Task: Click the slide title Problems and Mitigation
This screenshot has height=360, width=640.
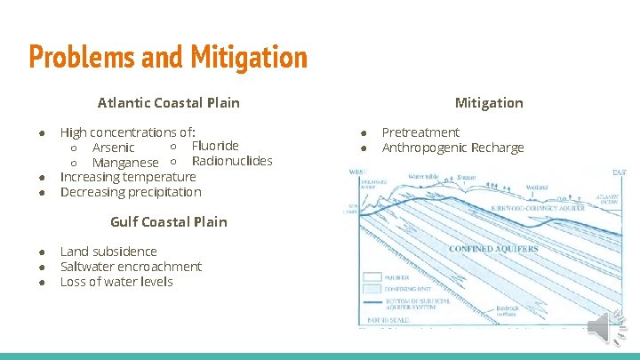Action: tap(168, 58)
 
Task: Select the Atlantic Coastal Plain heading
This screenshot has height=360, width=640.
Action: tap(168, 102)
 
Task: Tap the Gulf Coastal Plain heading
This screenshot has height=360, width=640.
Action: tap(168, 221)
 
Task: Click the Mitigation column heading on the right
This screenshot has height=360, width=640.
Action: tap(489, 102)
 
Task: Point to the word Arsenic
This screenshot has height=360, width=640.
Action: tap(113, 148)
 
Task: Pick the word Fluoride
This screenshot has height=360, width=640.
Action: tap(215, 146)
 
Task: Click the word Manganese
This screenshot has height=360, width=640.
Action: tap(125, 163)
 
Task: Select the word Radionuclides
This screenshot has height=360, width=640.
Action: tap(232, 161)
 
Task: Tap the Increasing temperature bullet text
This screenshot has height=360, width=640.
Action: tap(127, 177)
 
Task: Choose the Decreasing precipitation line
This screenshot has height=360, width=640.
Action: tap(131, 192)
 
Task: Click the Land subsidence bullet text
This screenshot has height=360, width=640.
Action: tap(108, 252)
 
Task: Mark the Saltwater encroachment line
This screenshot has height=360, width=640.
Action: tap(131, 267)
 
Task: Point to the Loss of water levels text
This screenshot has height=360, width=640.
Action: tap(116, 282)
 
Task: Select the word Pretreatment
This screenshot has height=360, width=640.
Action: tap(420, 132)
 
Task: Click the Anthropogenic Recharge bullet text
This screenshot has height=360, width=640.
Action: tap(452, 148)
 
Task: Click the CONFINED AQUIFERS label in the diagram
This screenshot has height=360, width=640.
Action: tap(493, 249)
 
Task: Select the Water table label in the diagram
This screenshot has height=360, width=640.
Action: tap(425, 177)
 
